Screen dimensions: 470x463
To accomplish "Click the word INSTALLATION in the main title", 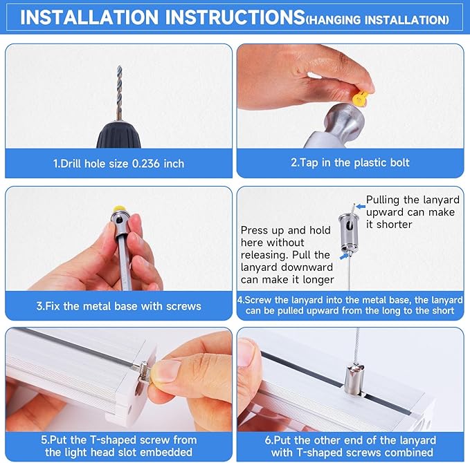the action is [89, 17].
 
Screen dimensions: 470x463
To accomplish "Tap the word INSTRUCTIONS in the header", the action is [235, 17].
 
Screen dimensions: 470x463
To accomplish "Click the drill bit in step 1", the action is [119, 93].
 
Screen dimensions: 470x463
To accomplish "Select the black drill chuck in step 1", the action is [118, 135].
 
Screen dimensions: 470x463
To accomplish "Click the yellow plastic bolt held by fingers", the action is [360, 98].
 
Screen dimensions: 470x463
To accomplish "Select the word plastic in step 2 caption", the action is [367, 162].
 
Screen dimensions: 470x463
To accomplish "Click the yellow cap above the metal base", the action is [119, 209].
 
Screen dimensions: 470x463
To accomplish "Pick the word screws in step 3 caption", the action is [183, 306].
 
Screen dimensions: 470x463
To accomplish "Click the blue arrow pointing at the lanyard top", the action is [361, 207].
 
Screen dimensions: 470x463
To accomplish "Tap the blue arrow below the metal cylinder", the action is [344, 256].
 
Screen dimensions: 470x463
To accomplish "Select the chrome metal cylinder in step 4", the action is [347, 232].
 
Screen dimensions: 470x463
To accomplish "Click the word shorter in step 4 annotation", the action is [394, 225].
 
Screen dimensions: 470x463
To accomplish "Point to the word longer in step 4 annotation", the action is [318, 280].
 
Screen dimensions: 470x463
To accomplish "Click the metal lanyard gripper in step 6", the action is [354, 379].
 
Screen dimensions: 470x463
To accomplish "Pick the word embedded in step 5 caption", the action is [165, 452].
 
